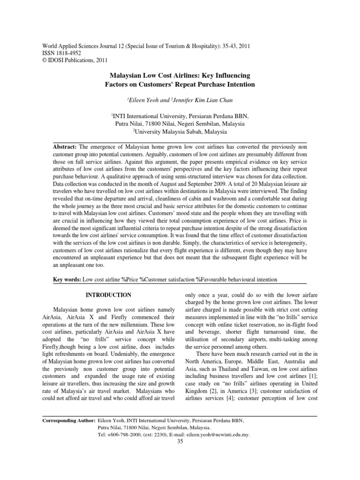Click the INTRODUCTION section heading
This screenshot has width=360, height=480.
click(x=107, y=295)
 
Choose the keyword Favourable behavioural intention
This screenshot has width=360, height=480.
click(x=240, y=279)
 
